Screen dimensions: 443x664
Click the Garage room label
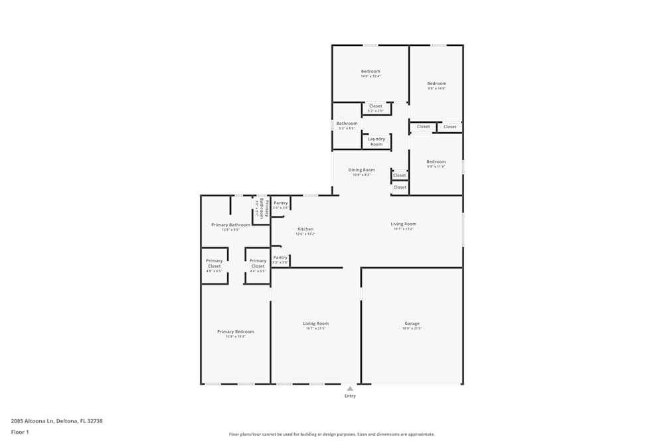coord(412,323)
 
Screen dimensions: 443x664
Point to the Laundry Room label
coord(376,141)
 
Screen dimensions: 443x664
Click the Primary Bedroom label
coord(235,331)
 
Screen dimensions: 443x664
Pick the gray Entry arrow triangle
coord(350,389)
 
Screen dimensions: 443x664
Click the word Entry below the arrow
coord(350,397)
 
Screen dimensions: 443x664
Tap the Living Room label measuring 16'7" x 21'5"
coord(315,323)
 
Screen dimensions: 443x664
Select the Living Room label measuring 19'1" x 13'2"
coord(403,224)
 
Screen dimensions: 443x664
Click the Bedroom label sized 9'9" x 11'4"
coord(436,162)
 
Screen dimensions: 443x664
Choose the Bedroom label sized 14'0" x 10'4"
coord(371,72)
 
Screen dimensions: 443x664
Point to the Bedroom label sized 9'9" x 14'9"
coord(436,84)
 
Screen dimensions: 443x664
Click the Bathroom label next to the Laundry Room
coord(347,124)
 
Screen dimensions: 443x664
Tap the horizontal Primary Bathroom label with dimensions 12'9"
coord(230,225)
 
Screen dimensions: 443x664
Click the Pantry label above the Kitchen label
coord(280,203)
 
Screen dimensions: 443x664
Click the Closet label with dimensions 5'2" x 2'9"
coord(376,106)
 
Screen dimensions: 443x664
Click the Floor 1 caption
coord(20,432)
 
